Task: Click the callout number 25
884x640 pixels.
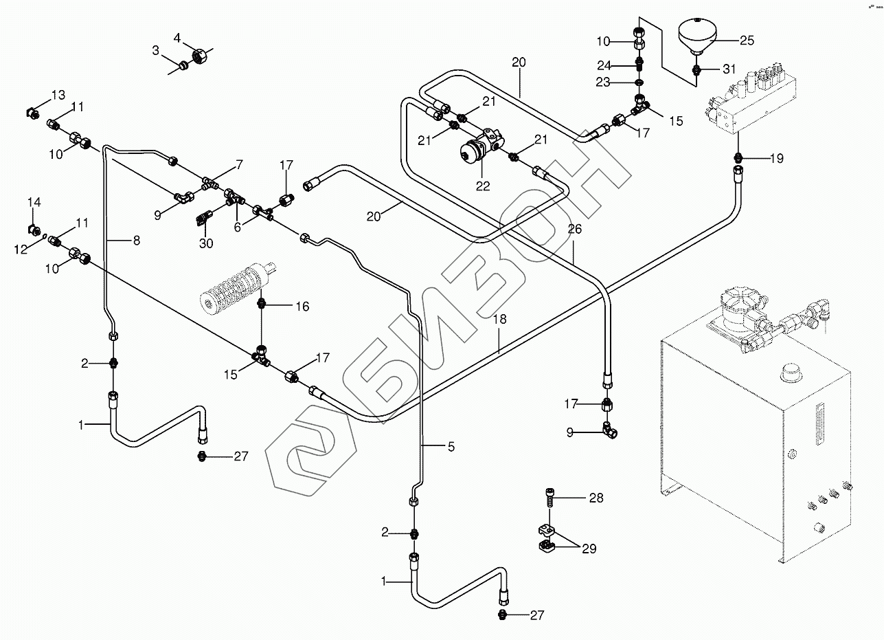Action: (x=747, y=41)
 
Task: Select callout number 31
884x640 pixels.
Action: (x=728, y=69)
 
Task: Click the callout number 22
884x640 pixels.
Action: (x=483, y=186)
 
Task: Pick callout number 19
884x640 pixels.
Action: (x=776, y=158)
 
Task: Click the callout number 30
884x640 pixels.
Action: (x=206, y=243)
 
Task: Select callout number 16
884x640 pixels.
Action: (x=302, y=307)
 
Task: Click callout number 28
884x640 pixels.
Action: (x=596, y=498)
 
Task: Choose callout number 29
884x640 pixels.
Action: (x=589, y=549)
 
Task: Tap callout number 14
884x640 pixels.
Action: (x=34, y=202)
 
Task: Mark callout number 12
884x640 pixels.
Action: (x=21, y=248)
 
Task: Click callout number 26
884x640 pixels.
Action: (x=574, y=229)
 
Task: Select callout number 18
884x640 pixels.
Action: (x=499, y=319)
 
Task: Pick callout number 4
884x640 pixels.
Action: (x=177, y=38)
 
